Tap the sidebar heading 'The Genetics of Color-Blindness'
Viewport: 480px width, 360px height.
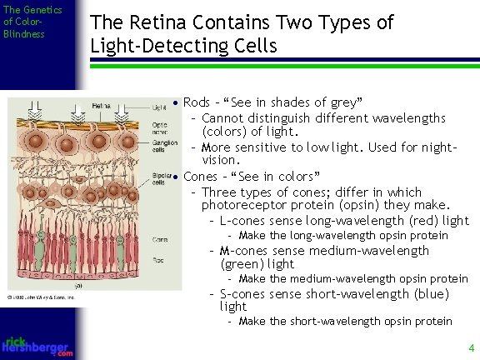[32, 22]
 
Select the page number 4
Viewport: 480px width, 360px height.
[471, 347]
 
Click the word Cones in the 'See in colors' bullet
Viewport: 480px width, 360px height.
[200, 176]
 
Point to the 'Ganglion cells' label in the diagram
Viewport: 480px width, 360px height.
[164, 146]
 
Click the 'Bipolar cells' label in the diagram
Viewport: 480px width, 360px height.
[162, 179]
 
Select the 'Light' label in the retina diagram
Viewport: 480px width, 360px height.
[159, 107]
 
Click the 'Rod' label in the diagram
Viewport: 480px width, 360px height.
[157, 258]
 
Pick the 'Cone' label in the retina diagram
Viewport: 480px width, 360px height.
[158, 239]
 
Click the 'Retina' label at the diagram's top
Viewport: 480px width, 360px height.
[102, 106]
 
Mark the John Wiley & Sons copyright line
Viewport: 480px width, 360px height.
[41, 297]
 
